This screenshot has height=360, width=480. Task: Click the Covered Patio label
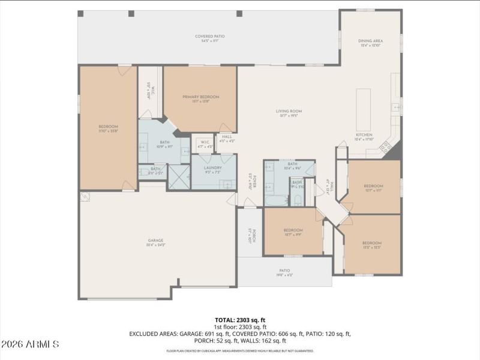point(209,37)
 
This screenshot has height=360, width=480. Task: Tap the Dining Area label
point(371,41)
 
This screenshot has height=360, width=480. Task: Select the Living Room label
point(288,112)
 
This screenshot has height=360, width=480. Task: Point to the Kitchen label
point(364,135)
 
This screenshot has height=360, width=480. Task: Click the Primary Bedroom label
point(201,97)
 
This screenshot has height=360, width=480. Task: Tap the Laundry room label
point(213,168)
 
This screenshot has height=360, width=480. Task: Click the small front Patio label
point(284,271)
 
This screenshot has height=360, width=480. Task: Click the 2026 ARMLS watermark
point(30,344)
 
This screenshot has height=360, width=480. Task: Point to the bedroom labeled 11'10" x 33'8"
point(109,127)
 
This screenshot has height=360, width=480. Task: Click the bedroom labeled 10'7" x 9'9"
point(293,231)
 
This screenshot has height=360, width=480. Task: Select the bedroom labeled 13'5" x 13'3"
point(372,244)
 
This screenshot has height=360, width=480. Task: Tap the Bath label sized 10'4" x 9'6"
point(292,165)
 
